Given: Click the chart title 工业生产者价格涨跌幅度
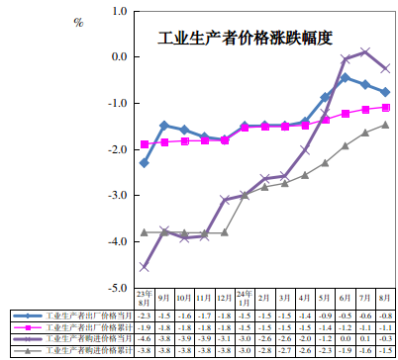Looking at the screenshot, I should (246, 39).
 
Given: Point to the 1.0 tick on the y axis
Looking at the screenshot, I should (120, 12).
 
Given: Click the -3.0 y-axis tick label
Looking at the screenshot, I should (118, 196).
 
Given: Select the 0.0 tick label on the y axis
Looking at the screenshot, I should (120, 57).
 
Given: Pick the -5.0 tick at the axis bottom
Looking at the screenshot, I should (118, 288).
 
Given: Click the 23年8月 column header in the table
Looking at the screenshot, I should (144, 296).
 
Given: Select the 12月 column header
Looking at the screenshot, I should (224, 296).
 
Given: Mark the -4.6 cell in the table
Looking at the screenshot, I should (144, 339).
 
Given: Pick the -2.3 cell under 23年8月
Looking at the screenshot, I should (144, 315).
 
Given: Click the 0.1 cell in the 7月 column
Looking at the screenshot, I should (364, 339).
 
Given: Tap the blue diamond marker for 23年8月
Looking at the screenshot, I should (145, 162).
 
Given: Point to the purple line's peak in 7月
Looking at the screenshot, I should (365, 51).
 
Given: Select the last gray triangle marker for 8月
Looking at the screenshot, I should (385, 125).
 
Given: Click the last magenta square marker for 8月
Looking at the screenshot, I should (385, 107).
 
